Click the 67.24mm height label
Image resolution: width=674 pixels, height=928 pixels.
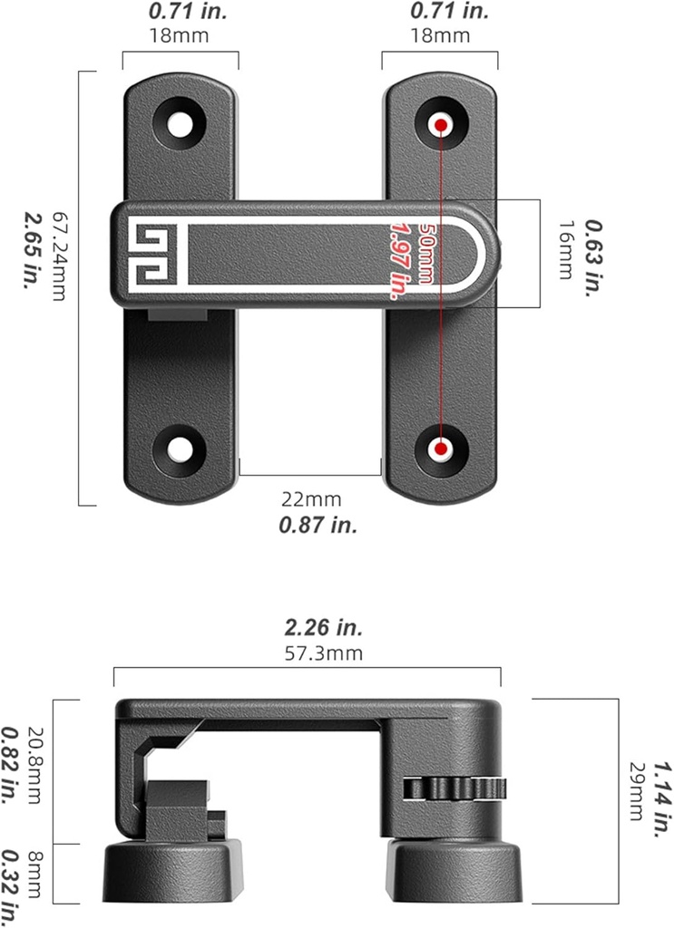[x=60, y=256]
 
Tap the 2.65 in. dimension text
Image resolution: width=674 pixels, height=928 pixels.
[x=32, y=251]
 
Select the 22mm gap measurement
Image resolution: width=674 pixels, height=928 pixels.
[x=311, y=499]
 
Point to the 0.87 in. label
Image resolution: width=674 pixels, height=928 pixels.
[x=311, y=525]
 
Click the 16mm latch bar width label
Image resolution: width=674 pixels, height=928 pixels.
[x=565, y=250]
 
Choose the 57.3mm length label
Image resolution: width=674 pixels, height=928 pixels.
[x=311, y=652]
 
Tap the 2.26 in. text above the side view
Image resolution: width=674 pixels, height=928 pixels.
[x=311, y=627]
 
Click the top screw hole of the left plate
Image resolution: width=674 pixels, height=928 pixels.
[x=181, y=122]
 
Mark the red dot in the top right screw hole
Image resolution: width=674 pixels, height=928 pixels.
[x=441, y=122]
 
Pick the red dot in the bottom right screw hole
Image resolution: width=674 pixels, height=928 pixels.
[x=441, y=449]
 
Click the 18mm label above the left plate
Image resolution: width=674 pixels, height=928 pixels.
[x=180, y=35]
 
